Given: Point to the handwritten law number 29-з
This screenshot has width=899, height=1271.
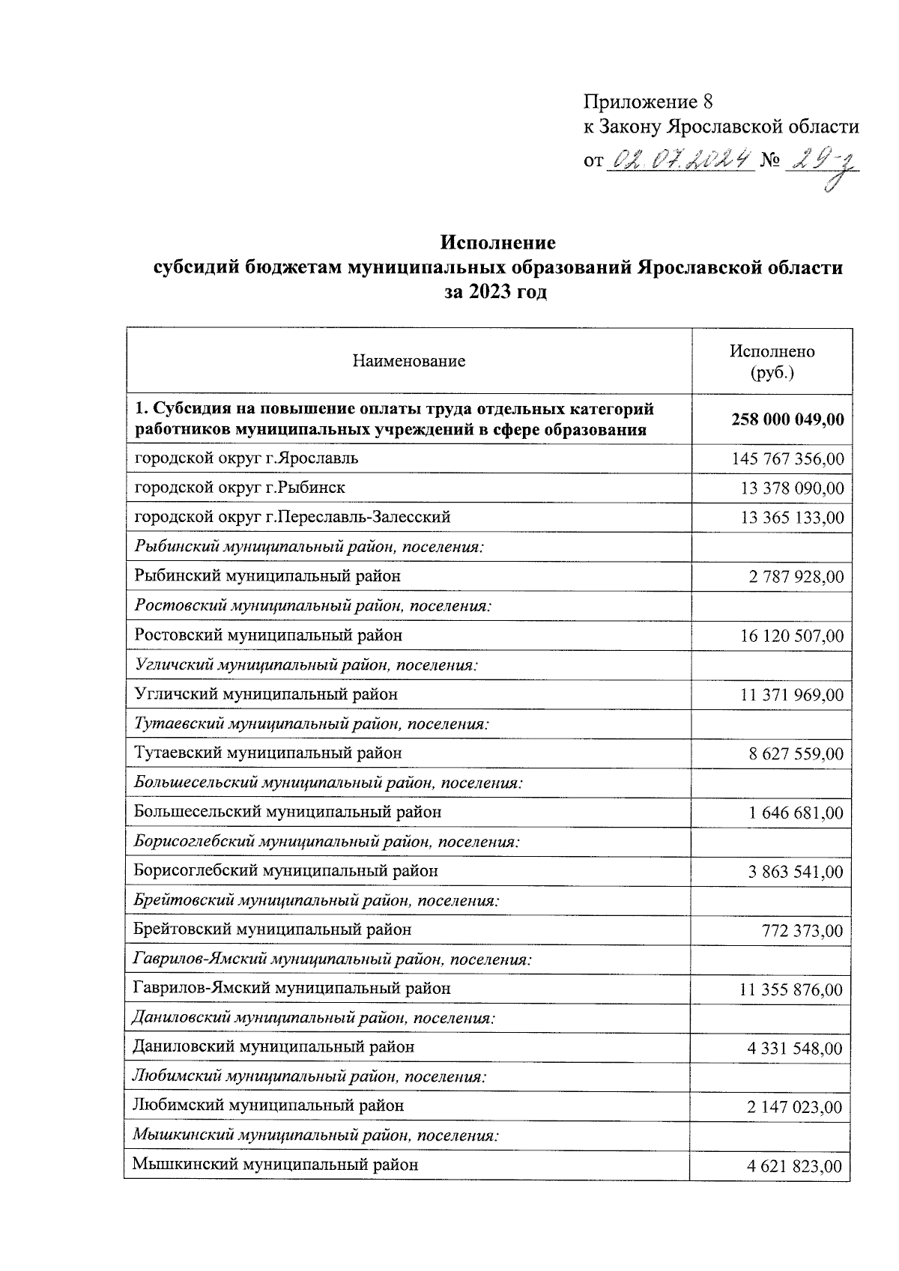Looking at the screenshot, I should (x=820, y=163).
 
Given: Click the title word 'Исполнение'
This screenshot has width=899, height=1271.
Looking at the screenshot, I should (x=498, y=243).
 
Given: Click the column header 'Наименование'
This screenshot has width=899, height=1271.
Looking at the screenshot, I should (x=409, y=362).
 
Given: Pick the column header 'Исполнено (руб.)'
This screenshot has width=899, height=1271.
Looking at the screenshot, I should (x=772, y=362).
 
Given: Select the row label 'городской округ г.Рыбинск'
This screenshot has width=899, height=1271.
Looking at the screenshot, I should (x=240, y=488).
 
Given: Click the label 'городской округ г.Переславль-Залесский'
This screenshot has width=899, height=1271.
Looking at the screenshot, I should (x=292, y=518).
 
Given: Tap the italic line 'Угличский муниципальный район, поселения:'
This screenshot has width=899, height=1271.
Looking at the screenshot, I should (x=306, y=665).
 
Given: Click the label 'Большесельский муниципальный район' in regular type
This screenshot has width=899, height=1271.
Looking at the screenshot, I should (x=288, y=812).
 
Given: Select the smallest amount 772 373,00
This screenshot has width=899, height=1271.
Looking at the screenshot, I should (x=801, y=931).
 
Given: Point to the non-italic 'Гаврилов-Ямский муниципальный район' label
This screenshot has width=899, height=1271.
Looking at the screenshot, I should (x=292, y=989).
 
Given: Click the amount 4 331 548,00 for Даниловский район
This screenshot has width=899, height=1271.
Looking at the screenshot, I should (x=795, y=1049).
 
